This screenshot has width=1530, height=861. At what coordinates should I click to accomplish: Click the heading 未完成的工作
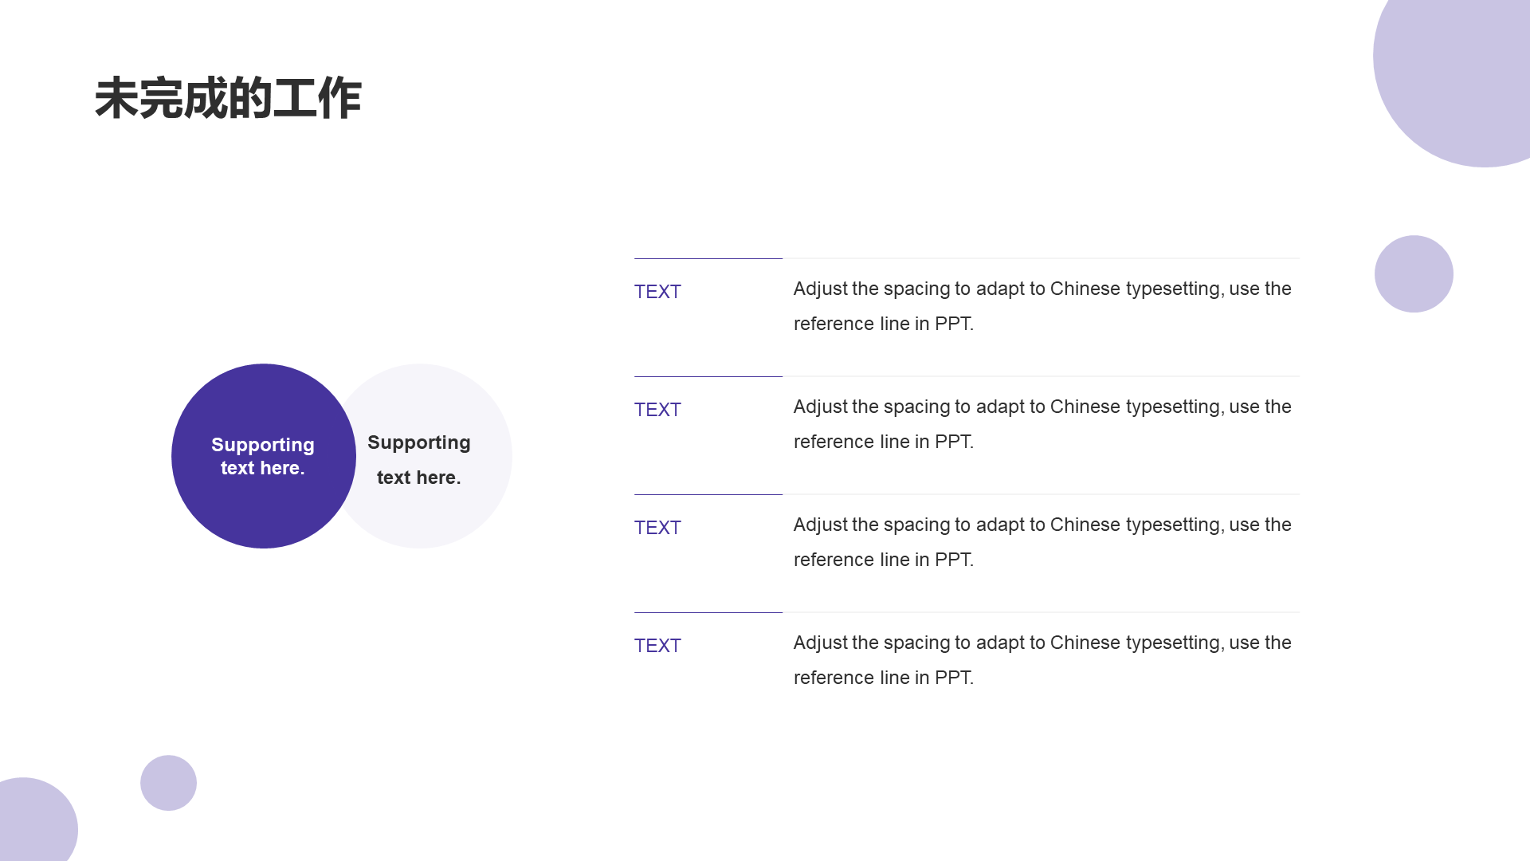228,99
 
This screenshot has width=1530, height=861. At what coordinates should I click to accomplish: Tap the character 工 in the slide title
295,99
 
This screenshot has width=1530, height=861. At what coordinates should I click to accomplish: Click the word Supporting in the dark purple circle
263,445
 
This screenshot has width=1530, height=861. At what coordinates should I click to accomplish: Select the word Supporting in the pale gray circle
419,442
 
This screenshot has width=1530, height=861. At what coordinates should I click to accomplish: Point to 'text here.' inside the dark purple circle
263,468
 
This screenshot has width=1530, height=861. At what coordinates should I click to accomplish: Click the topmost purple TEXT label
657,292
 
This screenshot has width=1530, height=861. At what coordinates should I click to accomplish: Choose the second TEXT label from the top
657,410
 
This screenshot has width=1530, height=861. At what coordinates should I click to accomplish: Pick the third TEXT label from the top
657,528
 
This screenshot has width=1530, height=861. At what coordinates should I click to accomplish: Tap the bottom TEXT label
657,646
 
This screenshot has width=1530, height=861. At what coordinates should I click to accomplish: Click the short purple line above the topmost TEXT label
708,258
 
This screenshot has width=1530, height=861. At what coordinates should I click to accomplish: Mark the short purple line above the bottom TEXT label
708,612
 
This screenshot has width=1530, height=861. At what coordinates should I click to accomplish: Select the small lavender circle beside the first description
1414,273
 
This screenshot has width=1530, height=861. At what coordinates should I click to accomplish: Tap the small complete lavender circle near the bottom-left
168,783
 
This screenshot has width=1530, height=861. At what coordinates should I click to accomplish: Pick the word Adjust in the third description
820,525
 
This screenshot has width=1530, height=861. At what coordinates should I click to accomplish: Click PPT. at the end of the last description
954,678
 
